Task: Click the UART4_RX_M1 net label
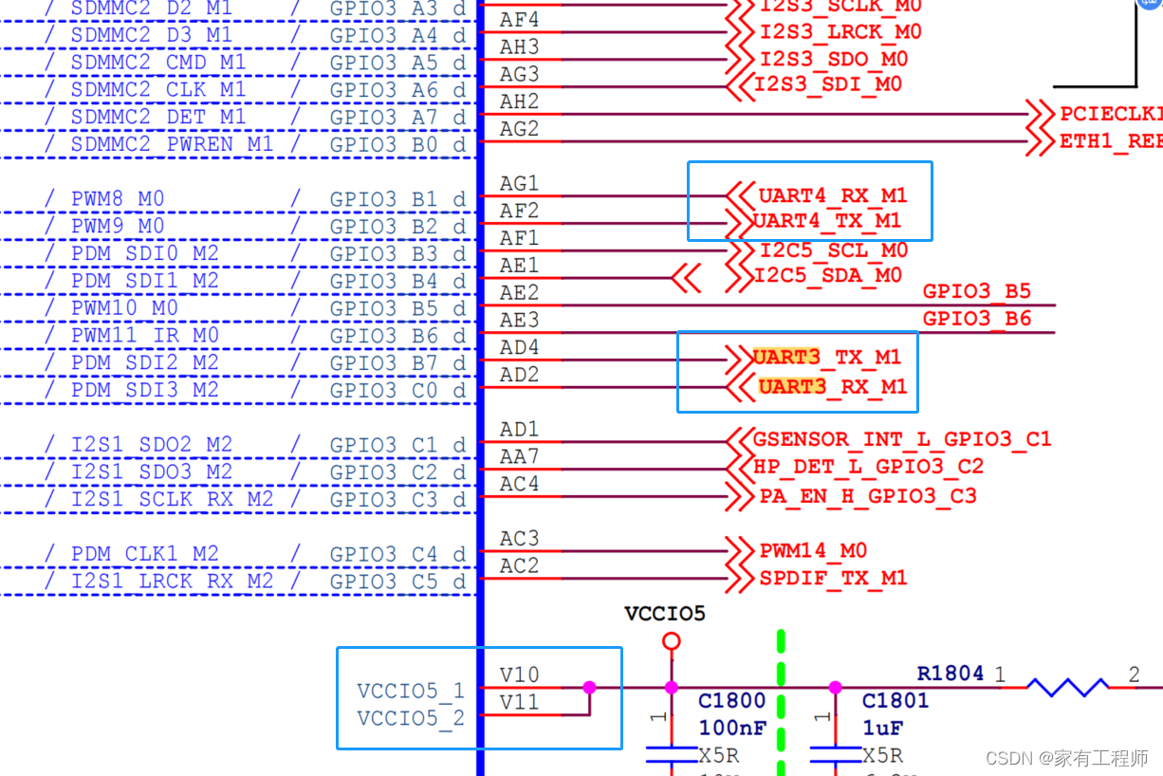point(833,196)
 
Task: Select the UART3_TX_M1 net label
point(826,358)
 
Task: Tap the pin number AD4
point(519,348)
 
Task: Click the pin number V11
point(519,703)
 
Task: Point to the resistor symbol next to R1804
point(1067,687)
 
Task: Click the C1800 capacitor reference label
point(731,701)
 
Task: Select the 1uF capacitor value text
point(882,729)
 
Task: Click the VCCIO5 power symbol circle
point(672,642)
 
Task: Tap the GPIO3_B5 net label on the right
point(976,291)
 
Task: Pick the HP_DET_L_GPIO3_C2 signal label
point(868,467)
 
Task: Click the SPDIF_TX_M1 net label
point(833,578)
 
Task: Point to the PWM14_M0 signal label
point(813,551)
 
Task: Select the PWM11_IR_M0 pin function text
point(145,336)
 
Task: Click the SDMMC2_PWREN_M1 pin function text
point(172,145)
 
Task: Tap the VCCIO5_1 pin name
point(411,692)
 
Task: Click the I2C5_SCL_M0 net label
point(834,251)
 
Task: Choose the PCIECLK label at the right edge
point(1110,114)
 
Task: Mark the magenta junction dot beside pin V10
point(589,687)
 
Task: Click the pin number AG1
point(519,183)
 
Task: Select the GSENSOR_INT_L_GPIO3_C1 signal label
point(902,440)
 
